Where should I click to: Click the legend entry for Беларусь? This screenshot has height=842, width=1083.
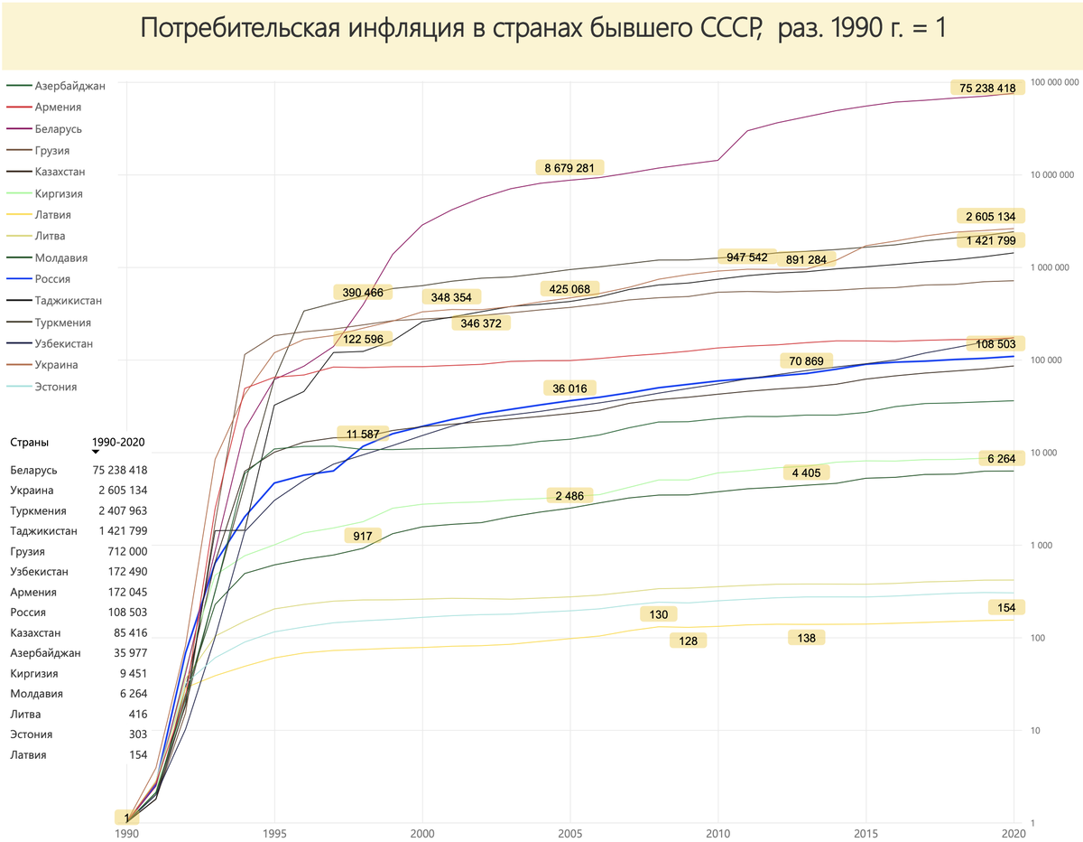pyautogui.click(x=58, y=129)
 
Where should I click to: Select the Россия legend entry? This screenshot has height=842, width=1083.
pyautogui.click(x=54, y=279)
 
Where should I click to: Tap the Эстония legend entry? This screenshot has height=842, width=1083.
pyautogui.click(x=56, y=387)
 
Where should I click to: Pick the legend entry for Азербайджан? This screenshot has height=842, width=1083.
pyautogui.click(x=69, y=86)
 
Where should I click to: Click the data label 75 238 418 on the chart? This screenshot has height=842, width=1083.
pyautogui.click(x=987, y=89)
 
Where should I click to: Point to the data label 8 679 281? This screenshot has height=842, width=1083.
pyautogui.click(x=569, y=167)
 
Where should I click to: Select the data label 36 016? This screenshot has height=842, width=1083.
pyautogui.click(x=569, y=388)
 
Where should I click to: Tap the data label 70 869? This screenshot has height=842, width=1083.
pyautogui.click(x=805, y=361)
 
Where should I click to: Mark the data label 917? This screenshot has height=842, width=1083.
pyautogui.click(x=362, y=536)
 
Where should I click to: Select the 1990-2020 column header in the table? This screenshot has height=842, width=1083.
pyautogui.click(x=118, y=443)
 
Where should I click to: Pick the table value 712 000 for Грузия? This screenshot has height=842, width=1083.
pyautogui.click(x=125, y=551)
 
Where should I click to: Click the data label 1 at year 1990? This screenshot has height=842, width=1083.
pyautogui.click(x=127, y=818)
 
